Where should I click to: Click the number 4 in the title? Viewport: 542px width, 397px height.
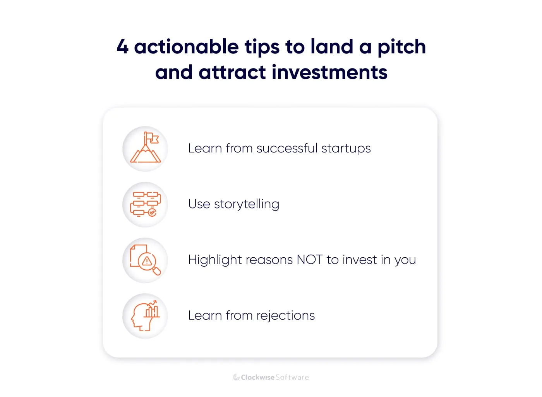(122, 47)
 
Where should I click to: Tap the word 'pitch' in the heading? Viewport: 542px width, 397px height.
(401, 48)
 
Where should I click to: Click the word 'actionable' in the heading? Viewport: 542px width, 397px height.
(186, 47)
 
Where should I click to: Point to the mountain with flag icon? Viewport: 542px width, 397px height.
(145, 149)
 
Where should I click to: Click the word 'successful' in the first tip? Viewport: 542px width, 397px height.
(287, 148)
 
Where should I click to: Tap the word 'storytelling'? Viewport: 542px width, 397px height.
(246, 204)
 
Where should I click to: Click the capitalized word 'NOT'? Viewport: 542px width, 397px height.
(309, 260)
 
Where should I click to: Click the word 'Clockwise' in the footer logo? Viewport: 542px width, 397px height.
(257, 377)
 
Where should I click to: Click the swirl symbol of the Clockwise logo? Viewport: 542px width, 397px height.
(236, 377)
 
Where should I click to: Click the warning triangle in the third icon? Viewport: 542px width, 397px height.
(147, 261)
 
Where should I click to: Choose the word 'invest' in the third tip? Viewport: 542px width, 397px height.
(359, 260)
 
